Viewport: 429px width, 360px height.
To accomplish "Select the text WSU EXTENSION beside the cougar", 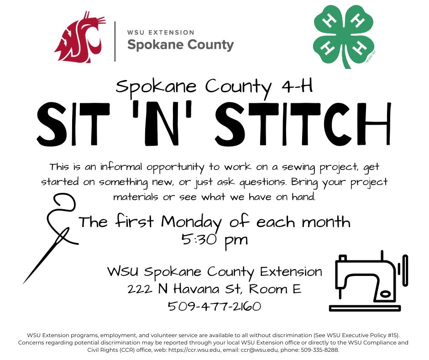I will click(161, 32).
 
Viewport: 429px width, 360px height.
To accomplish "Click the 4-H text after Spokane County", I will click(298, 86).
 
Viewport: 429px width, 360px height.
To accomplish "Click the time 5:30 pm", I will click(214, 239).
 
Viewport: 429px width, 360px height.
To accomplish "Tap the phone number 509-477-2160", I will click(214, 306).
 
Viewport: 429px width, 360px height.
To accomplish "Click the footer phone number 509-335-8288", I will click(320, 349).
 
